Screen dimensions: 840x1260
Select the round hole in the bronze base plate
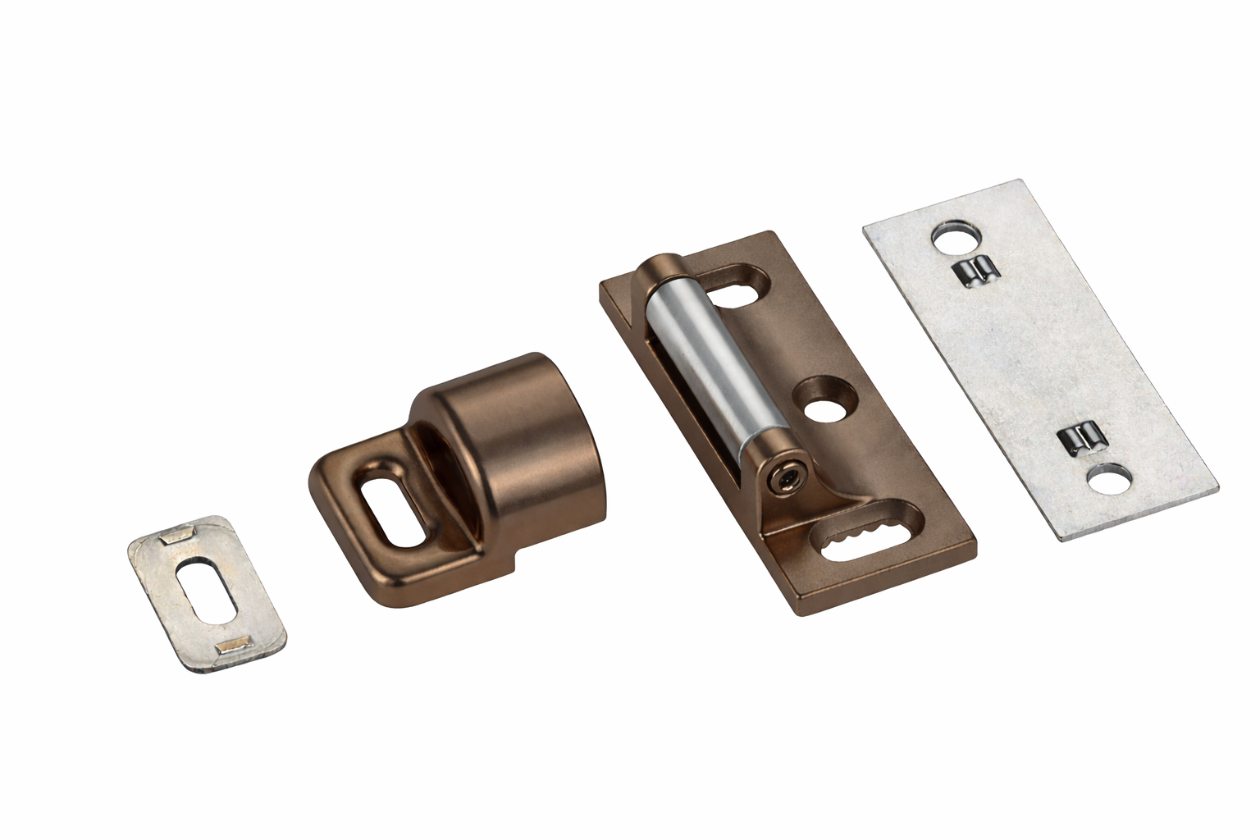tap(823, 404)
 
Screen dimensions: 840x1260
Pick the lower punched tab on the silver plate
tap(1084, 440)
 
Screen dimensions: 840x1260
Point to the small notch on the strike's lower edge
tap(514, 565)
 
